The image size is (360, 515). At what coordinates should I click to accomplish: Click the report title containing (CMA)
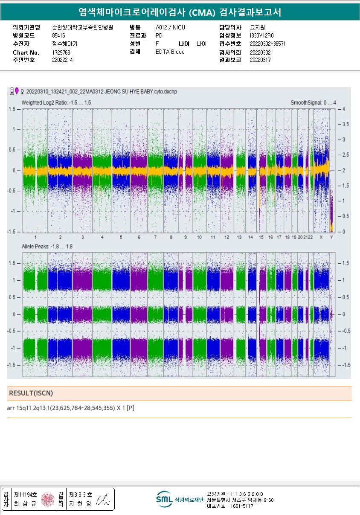[x=180, y=12]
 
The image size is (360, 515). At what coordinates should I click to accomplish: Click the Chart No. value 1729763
[x=61, y=52]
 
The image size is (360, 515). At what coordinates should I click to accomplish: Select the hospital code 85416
[x=58, y=35]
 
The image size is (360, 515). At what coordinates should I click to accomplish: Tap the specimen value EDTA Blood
[x=170, y=52]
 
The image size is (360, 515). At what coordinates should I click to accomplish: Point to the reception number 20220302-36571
[x=267, y=44]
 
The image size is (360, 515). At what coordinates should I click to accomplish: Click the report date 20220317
[x=260, y=60]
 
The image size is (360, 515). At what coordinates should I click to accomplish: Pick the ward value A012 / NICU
[x=170, y=27]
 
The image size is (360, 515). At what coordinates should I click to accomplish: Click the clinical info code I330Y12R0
[x=262, y=35]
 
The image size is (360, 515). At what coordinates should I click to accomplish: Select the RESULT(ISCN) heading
[x=31, y=393]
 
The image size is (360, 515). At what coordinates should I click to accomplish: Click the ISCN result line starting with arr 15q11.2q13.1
[x=71, y=408]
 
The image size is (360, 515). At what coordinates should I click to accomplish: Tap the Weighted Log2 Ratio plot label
[x=56, y=103]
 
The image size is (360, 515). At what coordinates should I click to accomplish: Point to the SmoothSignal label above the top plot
[x=313, y=103]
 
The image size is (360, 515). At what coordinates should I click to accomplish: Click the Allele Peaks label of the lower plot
[x=47, y=247]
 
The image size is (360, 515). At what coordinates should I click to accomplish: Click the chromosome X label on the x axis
[x=321, y=237]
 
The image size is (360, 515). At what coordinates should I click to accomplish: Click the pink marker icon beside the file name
[x=17, y=91]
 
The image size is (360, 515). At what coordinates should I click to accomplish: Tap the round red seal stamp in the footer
[x=48, y=499]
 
